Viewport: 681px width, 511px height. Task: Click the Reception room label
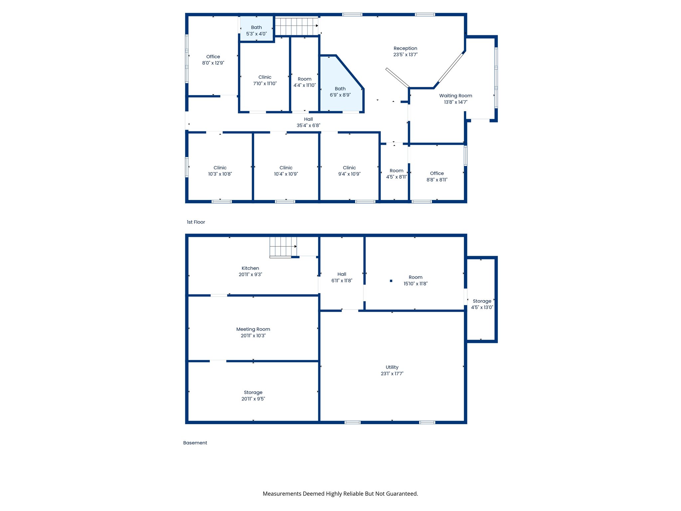click(405, 49)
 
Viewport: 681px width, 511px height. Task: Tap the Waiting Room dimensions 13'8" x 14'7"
click(456, 102)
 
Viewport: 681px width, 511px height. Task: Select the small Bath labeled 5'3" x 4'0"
click(256, 30)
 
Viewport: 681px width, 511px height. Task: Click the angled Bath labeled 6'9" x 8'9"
click(340, 92)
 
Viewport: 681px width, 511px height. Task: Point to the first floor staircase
click(296, 26)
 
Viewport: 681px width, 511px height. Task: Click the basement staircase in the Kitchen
click(283, 247)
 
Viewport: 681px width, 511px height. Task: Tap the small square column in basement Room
click(391, 281)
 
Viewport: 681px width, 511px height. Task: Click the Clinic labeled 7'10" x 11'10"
click(265, 80)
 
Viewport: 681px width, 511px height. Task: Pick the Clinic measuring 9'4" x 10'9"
click(349, 171)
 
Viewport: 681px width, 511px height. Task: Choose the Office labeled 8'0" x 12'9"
click(213, 60)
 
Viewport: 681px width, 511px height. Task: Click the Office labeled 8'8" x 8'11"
click(437, 176)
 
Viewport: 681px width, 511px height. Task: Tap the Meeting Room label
click(253, 329)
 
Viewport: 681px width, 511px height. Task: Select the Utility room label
click(392, 367)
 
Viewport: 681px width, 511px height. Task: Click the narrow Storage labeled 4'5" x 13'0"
click(482, 304)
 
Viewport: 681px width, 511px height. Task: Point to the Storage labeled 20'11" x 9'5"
click(253, 396)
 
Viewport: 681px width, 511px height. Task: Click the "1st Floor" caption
click(196, 222)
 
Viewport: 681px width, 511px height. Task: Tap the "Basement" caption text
click(195, 443)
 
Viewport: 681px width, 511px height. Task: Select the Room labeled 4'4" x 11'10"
click(305, 82)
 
